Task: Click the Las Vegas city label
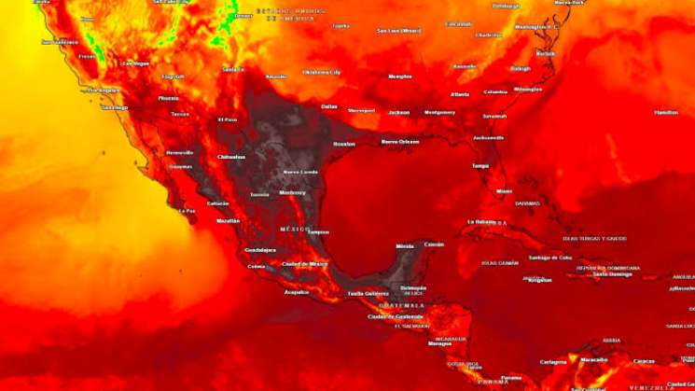136,63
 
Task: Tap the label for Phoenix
168,98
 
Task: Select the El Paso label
228,119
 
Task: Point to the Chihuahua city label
231,157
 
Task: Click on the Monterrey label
293,192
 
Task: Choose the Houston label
344,145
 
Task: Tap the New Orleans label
400,142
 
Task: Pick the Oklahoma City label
322,72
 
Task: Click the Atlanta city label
460,94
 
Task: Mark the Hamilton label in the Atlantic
666,112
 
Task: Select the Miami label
504,190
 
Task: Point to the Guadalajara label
260,250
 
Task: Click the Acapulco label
297,292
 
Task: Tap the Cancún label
434,244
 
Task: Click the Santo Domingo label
613,274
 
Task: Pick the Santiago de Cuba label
549,258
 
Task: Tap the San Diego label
114,107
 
